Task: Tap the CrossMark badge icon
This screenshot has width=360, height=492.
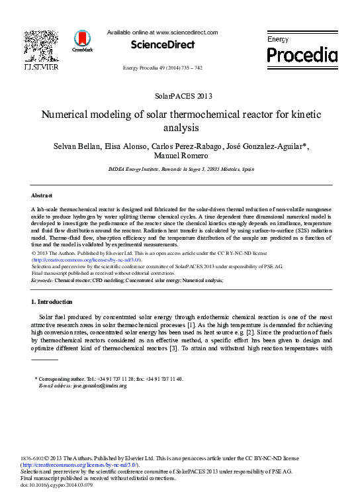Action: click(83, 41)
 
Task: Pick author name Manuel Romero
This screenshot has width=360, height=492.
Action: click(179, 156)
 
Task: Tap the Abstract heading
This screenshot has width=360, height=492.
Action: click(42, 195)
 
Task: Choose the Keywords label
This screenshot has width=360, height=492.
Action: click(42, 281)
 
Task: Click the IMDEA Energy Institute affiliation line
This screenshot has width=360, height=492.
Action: click(179, 170)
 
